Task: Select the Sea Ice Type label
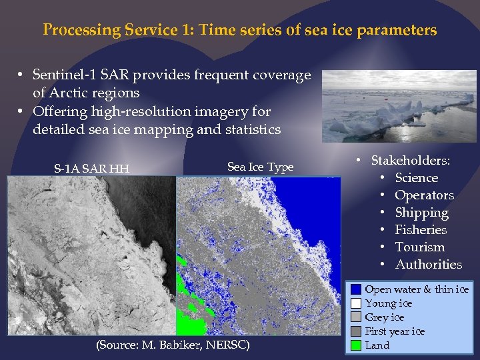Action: point(260,167)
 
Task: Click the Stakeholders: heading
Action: point(410,161)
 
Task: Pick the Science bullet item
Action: point(416,178)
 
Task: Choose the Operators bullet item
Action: point(424,195)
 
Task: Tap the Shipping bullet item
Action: point(421,213)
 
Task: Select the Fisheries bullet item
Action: point(421,230)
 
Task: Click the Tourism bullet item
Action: point(419,247)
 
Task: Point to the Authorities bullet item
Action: point(428,265)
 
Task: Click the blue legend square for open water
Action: point(357,289)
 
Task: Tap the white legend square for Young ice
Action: point(357,303)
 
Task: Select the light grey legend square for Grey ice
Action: point(357,317)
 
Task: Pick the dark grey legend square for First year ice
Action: point(357,331)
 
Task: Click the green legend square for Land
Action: point(357,345)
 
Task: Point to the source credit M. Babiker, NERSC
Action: point(173,345)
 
